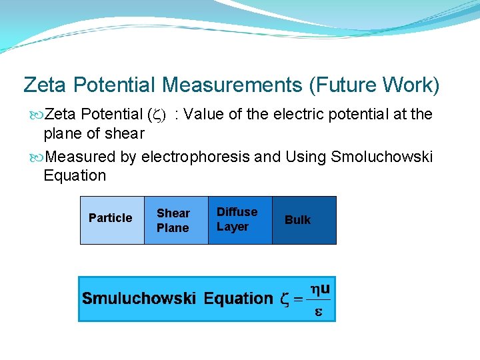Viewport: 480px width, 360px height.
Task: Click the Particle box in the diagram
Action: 111,220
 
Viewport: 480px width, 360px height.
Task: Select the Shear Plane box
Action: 176,220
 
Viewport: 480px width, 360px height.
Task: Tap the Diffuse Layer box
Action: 240,220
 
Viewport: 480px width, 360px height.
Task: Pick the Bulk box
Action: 304,220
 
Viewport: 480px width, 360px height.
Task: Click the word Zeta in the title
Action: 45,85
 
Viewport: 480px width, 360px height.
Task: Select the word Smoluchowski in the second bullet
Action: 381,157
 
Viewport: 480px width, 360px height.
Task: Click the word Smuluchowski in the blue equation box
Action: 139,299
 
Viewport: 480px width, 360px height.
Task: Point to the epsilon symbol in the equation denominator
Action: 318,312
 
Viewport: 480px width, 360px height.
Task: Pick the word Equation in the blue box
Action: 238,299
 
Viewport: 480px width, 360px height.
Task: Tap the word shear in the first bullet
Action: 125,133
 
